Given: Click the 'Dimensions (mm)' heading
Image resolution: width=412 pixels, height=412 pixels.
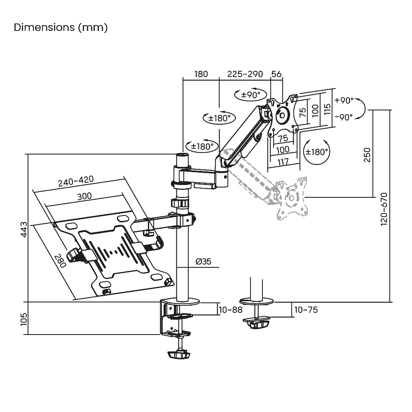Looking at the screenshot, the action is (61, 27).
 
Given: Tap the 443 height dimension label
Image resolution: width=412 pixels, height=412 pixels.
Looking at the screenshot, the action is (23, 229).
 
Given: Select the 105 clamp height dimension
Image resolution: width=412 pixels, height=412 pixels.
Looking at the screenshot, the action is (23, 319).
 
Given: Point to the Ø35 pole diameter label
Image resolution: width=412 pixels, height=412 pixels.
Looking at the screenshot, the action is (204, 262).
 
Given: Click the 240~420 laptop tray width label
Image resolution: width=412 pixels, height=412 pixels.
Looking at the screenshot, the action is (76, 181).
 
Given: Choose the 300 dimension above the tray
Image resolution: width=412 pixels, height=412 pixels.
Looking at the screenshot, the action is (84, 196).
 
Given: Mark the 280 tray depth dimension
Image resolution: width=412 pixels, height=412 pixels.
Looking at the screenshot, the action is (60, 261).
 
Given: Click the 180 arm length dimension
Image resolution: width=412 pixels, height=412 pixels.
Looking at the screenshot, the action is (201, 74).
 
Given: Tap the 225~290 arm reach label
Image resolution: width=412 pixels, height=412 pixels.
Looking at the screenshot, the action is (245, 74).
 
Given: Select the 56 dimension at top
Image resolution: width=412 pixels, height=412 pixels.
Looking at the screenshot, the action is (276, 74).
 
